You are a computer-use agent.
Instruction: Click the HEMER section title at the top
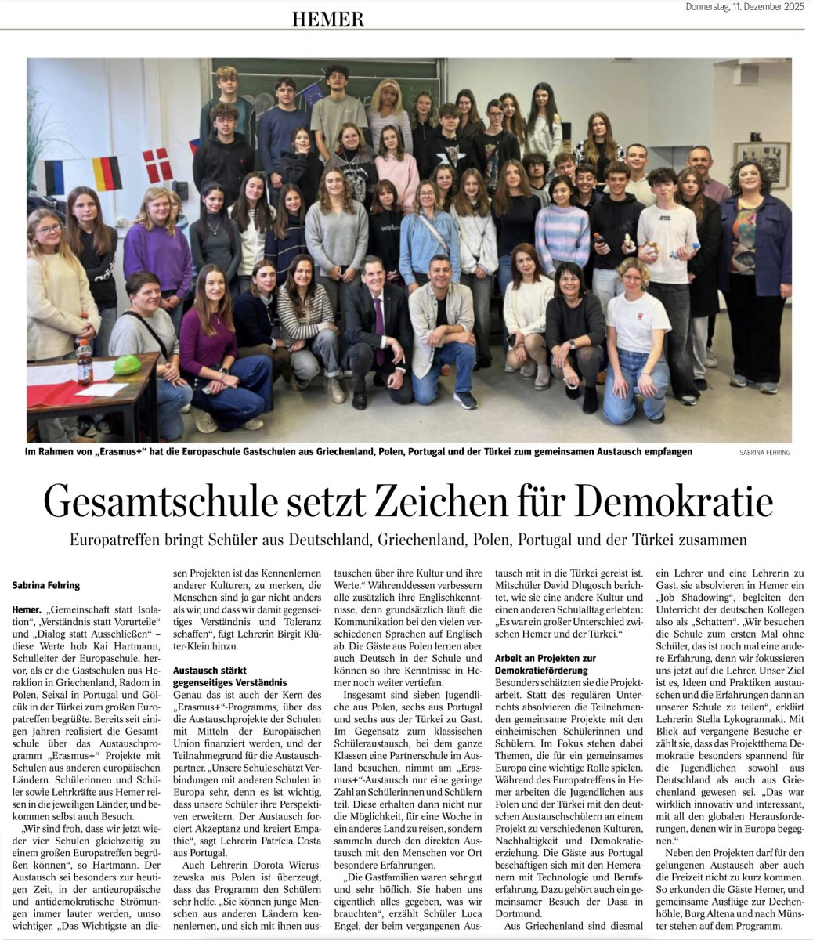[327, 19]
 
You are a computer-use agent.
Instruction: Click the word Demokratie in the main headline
[667, 502]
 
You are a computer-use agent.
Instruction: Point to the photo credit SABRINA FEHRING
[764, 453]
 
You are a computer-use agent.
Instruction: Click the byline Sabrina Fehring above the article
[46, 585]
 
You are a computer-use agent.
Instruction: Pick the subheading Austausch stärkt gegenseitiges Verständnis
[223, 677]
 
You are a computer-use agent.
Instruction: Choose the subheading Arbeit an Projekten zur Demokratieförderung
[545, 664]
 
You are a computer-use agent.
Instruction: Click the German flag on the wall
[107, 173]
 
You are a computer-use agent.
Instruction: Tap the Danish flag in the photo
[157, 165]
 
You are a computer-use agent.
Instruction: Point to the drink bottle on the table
[84, 361]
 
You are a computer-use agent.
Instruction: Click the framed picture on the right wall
[761, 162]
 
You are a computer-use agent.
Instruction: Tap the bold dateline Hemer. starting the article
[27, 609]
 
